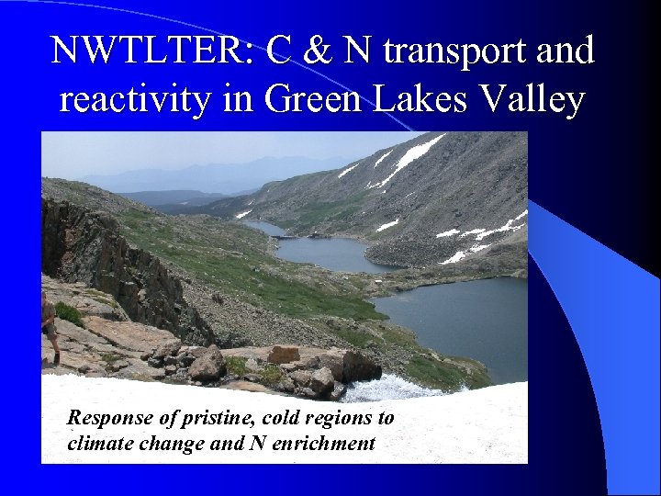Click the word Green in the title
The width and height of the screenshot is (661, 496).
click(312, 99)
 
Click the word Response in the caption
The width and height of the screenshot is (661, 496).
click(106, 418)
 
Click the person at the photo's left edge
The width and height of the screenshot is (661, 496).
click(49, 325)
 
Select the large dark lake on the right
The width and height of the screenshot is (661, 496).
click(459, 317)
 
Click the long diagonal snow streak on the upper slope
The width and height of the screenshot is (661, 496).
click(409, 160)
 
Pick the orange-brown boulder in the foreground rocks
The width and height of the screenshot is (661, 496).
click(284, 354)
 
